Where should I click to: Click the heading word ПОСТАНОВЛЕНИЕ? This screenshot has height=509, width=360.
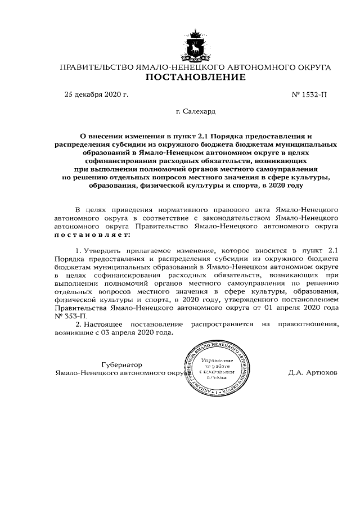pyautogui.click(x=195, y=78)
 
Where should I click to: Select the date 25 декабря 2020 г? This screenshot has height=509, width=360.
pyautogui.click(x=97, y=95)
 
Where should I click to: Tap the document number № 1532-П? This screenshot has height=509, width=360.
pyautogui.click(x=309, y=95)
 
